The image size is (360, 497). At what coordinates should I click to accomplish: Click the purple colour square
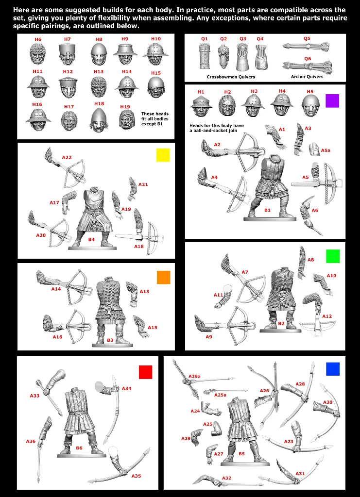click(332, 101)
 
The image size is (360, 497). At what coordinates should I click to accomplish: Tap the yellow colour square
click(163, 155)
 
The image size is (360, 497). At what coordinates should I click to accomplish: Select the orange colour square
click(163, 277)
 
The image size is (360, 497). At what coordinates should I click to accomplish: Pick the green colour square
click(333, 256)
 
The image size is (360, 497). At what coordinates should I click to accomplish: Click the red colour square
click(145, 372)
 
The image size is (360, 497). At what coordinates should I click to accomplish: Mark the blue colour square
click(332, 369)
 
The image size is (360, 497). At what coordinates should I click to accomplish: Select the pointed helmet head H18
click(99, 119)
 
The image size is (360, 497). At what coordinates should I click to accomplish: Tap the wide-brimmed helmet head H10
click(155, 54)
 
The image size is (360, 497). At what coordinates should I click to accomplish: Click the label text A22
click(67, 158)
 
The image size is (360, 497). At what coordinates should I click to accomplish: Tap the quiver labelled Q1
click(205, 56)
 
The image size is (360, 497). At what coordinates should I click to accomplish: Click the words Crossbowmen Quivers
click(231, 77)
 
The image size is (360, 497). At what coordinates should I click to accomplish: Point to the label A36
click(31, 441)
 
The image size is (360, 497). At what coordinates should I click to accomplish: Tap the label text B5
click(241, 454)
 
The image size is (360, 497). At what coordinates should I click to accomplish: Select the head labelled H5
click(309, 105)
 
